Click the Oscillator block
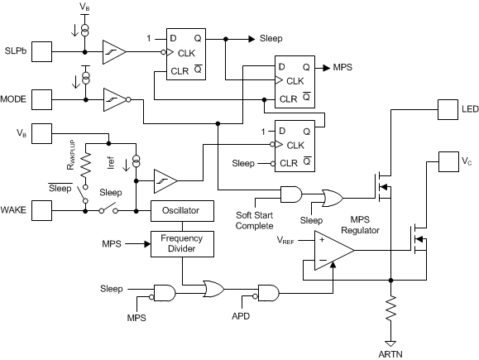pyautogui.click(x=181, y=211)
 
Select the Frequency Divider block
pyautogui.click(x=181, y=243)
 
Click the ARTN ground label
pyautogui.click(x=389, y=351)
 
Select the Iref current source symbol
pyautogui.click(x=137, y=157)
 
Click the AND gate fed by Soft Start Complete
pyautogui.click(x=290, y=194)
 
